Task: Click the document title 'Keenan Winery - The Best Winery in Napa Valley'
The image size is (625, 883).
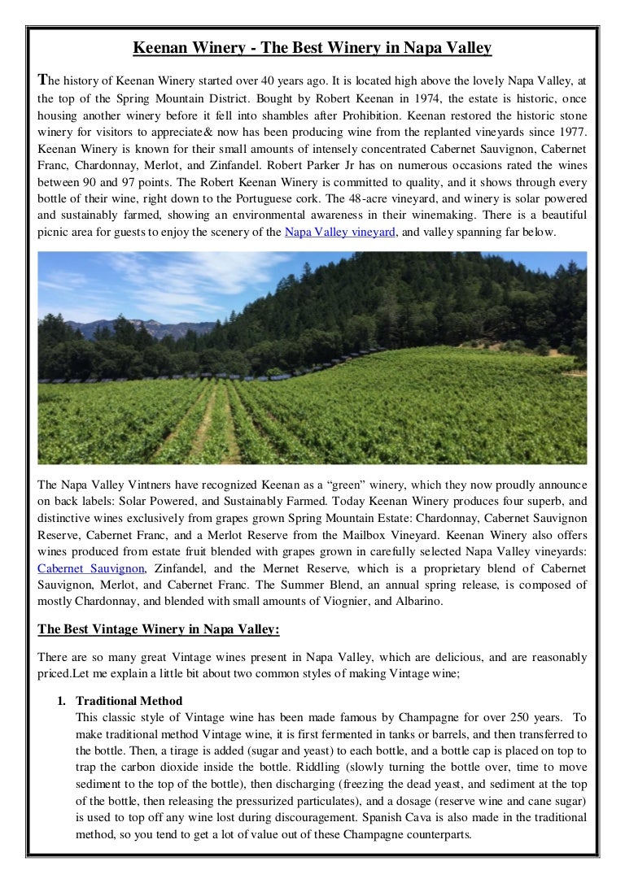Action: pos(312,48)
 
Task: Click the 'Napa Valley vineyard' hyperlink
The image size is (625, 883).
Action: pos(339,233)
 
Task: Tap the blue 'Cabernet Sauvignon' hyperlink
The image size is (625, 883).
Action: pos(91,568)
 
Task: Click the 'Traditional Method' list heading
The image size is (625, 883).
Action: pos(129,701)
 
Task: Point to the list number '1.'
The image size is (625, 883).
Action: pos(62,701)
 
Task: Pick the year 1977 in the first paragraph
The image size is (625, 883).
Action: pos(570,133)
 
